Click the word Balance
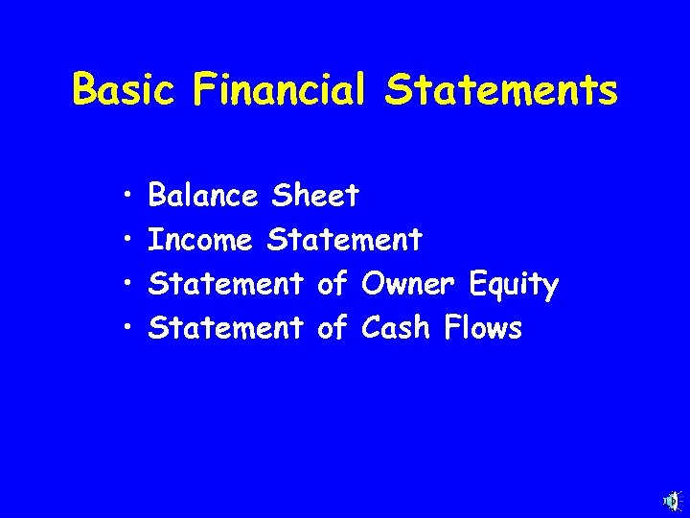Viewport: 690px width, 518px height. click(x=203, y=197)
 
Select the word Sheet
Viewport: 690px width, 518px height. click(x=315, y=197)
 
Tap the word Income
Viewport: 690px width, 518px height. click(x=200, y=241)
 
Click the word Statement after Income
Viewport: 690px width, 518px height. click(x=344, y=241)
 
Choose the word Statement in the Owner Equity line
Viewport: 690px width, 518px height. click(x=226, y=285)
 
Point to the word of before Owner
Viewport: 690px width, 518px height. click(x=332, y=285)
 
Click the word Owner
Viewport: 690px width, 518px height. click(x=409, y=285)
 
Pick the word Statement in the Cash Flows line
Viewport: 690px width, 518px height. click(x=226, y=329)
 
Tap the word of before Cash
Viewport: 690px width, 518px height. click(x=332, y=329)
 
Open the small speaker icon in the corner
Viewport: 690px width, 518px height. click(x=672, y=501)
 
